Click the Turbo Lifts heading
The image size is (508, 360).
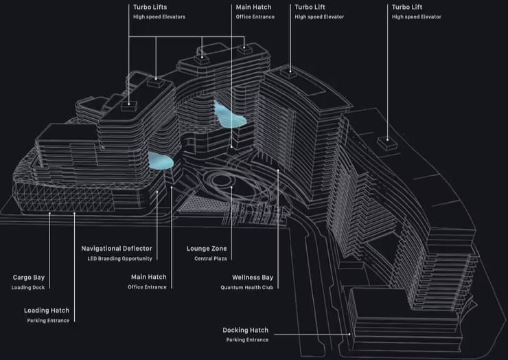tap(150, 7)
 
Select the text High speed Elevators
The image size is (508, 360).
tap(159, 16)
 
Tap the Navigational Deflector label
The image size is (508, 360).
tap(117, 248)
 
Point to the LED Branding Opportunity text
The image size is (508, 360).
tap(120, 258)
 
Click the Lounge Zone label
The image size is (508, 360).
tap(207, 248)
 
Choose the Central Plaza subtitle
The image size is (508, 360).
tap(207, 258)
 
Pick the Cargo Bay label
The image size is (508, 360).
tap(29, 278)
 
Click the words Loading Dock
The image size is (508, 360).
tap(28, 287)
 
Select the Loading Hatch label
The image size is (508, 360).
tap(47, 311)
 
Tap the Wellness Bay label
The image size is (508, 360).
tap(253, 278)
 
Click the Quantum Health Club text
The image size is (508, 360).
tap(247, 287)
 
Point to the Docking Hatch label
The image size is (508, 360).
tap(245, 330)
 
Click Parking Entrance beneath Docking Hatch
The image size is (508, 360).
tap(247, 339)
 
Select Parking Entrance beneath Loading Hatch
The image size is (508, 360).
tap(48, 321)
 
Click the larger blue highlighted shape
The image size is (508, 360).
tap(230, 117)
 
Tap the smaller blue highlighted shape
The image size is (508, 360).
tap(161, 160)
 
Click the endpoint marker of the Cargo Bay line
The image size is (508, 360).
tap(49, 213)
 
